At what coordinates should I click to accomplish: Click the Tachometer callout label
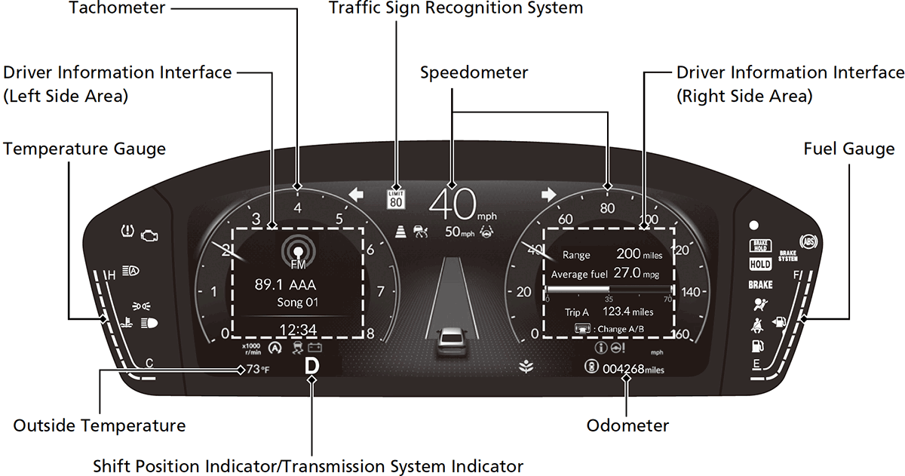(116, 8)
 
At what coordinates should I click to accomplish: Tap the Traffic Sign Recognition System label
(456, 8)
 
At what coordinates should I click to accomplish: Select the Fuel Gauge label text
(849, 149)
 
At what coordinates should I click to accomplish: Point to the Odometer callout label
(627, 425)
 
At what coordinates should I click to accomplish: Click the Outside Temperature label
(100, 425)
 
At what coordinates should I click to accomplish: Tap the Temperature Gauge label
(84, 149)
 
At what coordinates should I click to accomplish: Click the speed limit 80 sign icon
(396, 198)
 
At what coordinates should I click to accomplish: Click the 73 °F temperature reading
(259, 369)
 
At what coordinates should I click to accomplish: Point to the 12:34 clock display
(299, 330)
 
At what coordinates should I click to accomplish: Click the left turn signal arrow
(357, 195)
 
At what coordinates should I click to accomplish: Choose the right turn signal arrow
(548, 195)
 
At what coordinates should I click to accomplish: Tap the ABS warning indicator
(808, 241)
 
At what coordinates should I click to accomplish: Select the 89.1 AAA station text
(286, 284)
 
